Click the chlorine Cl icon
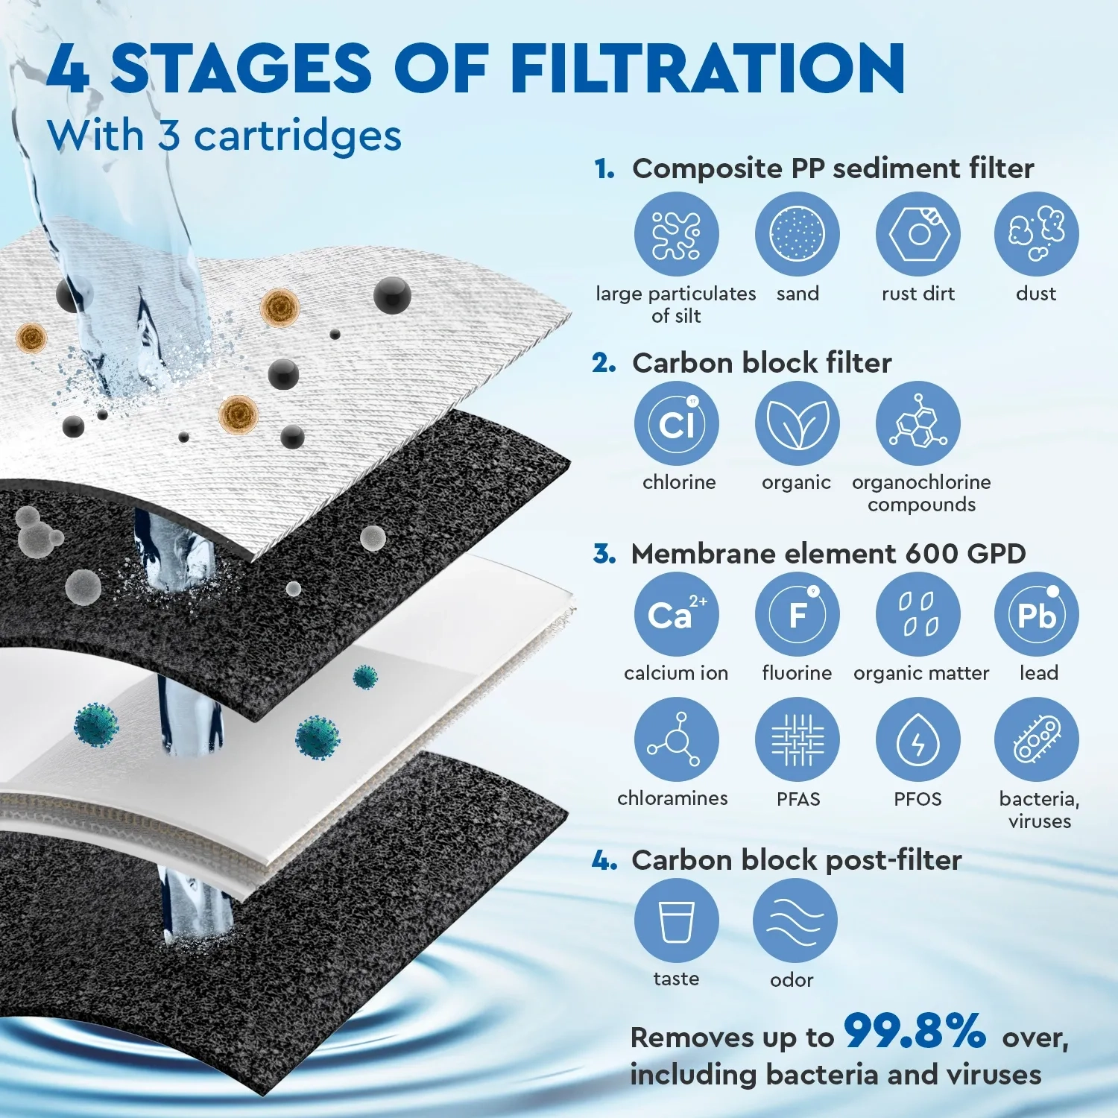(676, 424)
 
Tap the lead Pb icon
(1036, 615)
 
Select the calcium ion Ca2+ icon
(676, 615)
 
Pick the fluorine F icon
(797, 615)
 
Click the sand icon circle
(797, 234)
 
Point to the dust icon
(1036, 234)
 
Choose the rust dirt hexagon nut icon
(918, 234)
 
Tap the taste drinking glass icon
(676, 920)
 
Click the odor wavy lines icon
(795, 920)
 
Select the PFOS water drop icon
(918, 740)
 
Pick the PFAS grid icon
(797, 740)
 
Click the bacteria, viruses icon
(1036, 740)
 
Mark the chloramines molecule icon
(676, 740)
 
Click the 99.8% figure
(915, 1032)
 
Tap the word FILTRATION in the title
(708, 69)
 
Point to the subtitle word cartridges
(297, 136)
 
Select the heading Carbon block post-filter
(796, 860)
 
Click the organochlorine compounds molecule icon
(918, 424)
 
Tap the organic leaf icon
(797, 424)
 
